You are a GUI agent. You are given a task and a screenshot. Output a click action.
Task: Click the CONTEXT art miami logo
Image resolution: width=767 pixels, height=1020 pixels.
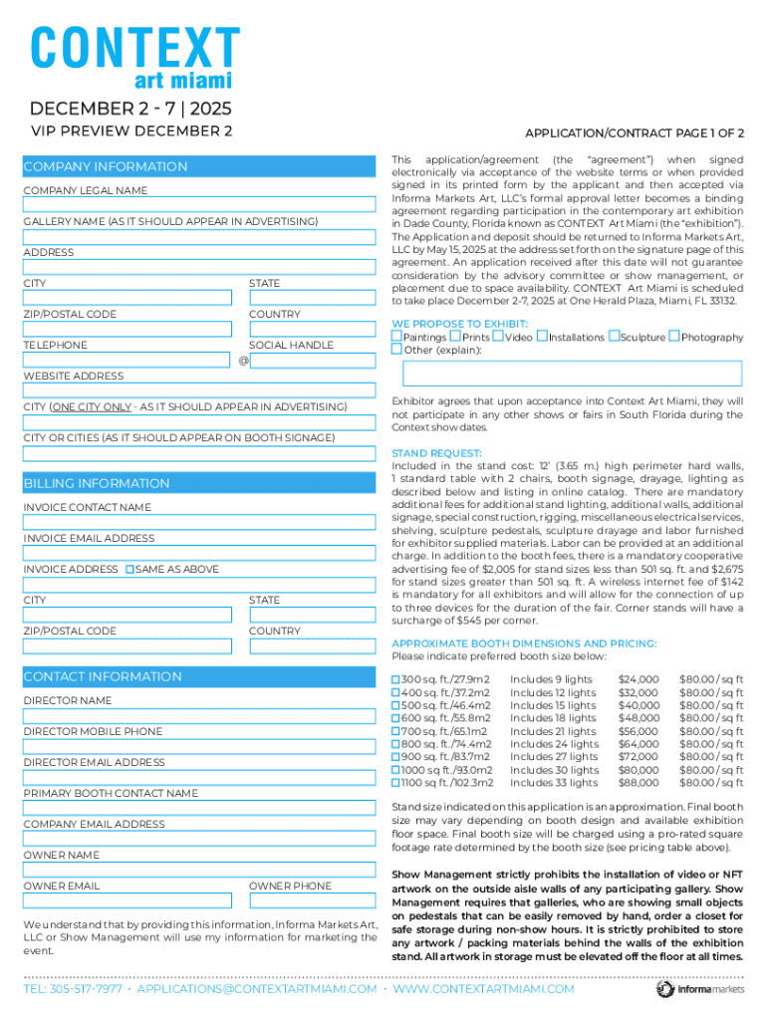pos(134,57)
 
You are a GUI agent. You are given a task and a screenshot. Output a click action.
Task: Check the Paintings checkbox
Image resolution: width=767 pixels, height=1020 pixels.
pos(396,337)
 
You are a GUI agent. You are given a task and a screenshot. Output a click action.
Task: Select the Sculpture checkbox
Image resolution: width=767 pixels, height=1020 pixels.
pos(614,337)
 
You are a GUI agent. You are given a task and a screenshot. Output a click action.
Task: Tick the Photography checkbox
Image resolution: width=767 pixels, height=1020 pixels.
pos(674,337)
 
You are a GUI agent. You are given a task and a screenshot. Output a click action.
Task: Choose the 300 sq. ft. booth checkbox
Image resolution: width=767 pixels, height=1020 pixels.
pos(395,679)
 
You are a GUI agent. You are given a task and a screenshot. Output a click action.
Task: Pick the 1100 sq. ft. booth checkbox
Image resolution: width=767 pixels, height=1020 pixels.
pos(395,783)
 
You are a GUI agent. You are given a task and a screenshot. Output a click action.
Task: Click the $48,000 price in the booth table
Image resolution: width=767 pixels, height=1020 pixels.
pos(639,718)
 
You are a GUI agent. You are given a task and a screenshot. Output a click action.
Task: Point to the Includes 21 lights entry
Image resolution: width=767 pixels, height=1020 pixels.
pos(553,731)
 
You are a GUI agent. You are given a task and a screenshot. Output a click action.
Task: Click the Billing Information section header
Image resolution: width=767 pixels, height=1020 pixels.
pos(97,484)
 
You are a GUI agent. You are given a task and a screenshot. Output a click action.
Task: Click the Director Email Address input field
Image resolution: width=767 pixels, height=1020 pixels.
pos(199,777)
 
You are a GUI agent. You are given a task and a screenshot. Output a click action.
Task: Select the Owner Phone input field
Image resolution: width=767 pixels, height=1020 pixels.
pos(312,900)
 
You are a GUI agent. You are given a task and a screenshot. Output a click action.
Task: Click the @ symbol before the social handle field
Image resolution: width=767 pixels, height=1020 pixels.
pos(243,360)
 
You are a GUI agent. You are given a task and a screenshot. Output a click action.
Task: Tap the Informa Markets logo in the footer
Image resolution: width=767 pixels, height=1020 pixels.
pos(699,989)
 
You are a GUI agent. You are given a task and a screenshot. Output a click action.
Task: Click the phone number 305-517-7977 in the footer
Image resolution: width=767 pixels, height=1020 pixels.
pos(73,989)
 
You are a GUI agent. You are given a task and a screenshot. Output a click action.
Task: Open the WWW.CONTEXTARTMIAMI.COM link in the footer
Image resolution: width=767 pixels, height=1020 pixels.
pos(483,989)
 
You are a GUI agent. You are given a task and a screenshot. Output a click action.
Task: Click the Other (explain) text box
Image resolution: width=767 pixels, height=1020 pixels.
pos(571,374)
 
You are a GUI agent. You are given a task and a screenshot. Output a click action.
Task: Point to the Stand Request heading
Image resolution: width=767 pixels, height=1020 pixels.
pos(436,453)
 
